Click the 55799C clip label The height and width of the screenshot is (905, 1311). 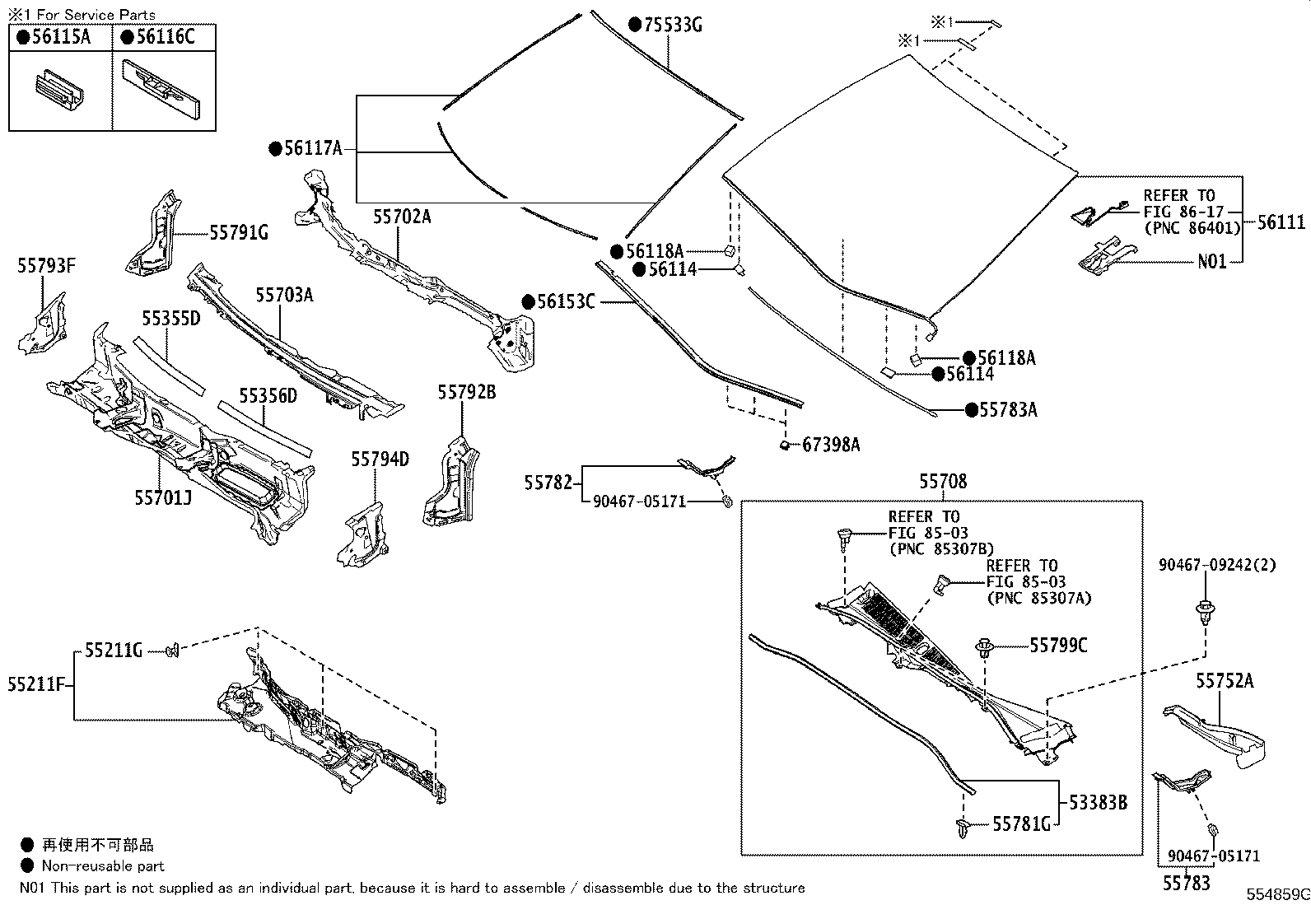(x=1058, y=646)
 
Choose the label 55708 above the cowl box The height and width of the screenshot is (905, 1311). (x=943, y=482)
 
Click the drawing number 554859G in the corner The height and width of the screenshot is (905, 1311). (x=1276, y=894)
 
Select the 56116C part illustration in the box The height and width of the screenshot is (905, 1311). (x=163, y=87)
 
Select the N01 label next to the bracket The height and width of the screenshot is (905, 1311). (x=1211, y=262)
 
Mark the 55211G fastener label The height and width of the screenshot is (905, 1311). (x=114, y=651)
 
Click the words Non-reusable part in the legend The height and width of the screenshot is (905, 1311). (x=103, y=866)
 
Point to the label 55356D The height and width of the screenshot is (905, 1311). (x=268, y=397)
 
